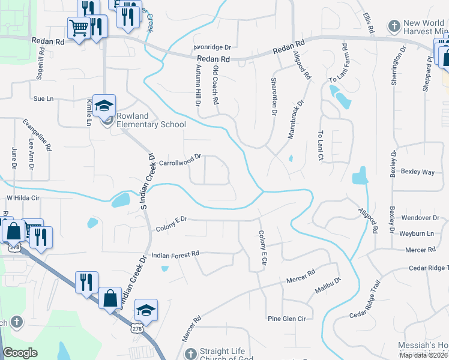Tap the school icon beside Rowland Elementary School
pos(104,106)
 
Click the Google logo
pos(20,353)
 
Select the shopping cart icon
pos(79,27)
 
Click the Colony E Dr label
pos(172,223)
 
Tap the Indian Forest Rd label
pos(175,255)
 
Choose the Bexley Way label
pos(418,172)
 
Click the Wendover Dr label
pos(420,218)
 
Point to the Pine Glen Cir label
pos(287,318)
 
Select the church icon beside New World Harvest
pos(394,26)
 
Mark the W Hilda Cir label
pos(22,197)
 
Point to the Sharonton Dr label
pos(274,95)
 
